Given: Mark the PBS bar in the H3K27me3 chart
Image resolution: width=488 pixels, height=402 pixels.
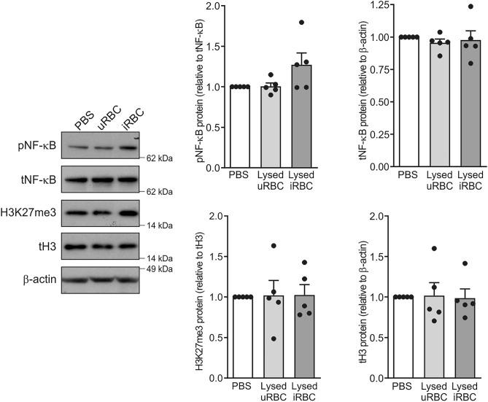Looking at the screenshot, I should point(241,337).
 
